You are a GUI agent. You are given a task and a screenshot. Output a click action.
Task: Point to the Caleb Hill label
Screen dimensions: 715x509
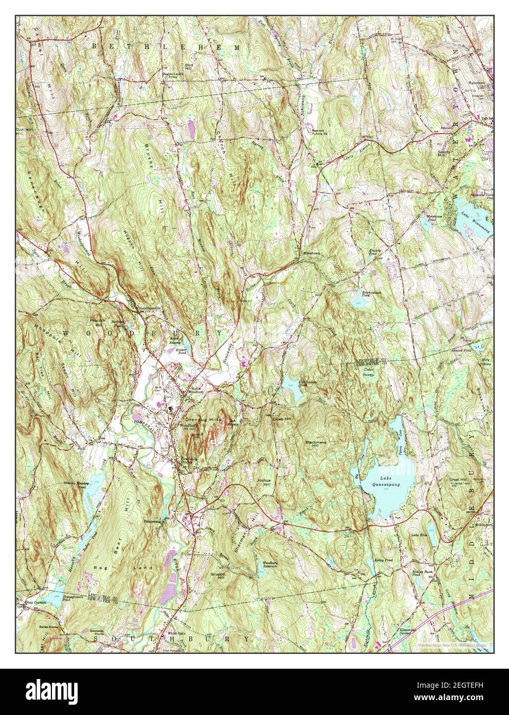click(282, 419)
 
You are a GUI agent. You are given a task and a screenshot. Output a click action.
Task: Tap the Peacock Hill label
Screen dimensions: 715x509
click(97, 321)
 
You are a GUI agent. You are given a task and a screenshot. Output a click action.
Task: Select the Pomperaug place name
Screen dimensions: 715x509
click(154, 521)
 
